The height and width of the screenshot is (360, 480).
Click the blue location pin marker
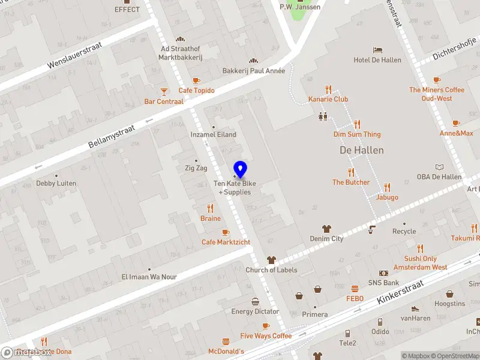coord(241,169)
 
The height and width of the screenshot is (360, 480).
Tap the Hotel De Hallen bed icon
coord(377,50)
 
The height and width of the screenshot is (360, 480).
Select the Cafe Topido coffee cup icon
coord(196,80)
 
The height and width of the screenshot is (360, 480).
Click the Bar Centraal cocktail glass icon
coord(164,91)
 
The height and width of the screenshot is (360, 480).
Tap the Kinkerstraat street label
coord(400,292)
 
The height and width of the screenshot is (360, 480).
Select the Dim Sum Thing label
coord(357,134)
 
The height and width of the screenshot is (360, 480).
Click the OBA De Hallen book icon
coord(439,167)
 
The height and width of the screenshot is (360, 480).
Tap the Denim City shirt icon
coord(326,229)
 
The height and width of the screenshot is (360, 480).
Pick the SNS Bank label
coord(383,283)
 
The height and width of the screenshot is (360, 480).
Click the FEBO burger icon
coord(355,289)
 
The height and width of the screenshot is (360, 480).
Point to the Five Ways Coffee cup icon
coord(266,326)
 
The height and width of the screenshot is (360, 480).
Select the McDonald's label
coord(226,351)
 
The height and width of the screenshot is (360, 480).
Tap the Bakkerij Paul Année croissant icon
coord(254,61)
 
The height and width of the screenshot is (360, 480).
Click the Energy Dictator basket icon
coord(255,301)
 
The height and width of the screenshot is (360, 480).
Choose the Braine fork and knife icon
coord(211,208)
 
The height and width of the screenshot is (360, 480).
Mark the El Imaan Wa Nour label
coord(149,277)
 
